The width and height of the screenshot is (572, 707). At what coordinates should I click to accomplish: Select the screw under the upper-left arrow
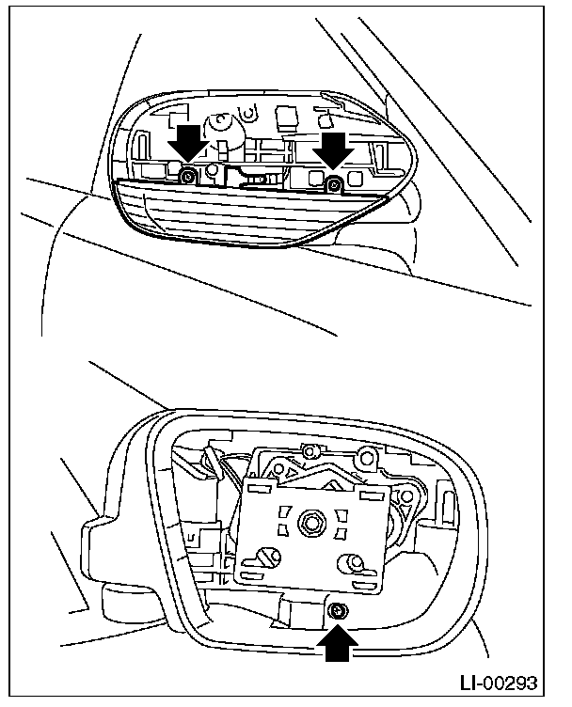coord(189,176)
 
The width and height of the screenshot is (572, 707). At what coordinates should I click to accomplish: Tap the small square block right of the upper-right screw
coord(356,176)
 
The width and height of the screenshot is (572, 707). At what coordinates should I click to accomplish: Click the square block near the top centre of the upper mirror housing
coord(285,117)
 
